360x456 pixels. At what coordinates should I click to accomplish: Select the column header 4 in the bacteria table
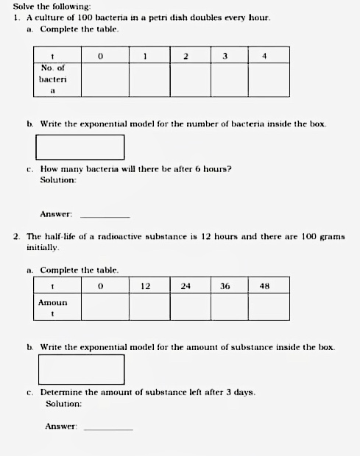click(x=264, y=55)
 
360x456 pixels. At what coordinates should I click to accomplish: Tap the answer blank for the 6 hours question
click(x=105, y=216)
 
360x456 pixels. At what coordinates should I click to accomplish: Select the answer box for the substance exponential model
click(x=81, y=369)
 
